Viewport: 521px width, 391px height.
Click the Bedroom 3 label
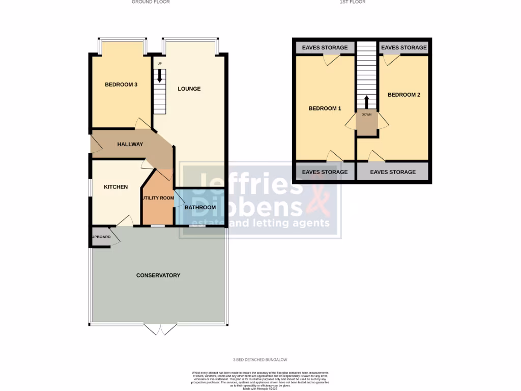[121, 85]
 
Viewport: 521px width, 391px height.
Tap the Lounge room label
[189, 89]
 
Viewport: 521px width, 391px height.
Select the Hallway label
[130, 144]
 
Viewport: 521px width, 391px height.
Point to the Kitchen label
[116, 187]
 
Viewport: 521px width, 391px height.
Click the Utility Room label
[158, 198]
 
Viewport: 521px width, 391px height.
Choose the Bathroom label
[200, 208]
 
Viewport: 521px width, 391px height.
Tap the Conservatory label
[158, 275]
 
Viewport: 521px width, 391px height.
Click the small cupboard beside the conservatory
[101, 237]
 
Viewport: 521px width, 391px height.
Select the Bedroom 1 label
[325, 108]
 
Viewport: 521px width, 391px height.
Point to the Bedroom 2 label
[403, 95]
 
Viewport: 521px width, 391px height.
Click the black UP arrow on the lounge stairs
[161, 76]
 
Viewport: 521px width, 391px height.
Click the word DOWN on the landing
[366, 115]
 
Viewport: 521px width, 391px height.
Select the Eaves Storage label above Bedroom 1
[325, 48]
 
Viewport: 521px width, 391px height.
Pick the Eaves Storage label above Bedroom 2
[403, 48]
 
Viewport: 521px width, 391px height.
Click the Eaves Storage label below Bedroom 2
[392, 172]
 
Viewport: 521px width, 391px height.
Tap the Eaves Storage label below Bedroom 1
[325, 172]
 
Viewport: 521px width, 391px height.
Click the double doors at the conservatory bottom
[160, 329]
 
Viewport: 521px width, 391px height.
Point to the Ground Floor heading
[151, 2]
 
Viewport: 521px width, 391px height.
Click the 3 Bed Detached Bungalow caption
[260, 360]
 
